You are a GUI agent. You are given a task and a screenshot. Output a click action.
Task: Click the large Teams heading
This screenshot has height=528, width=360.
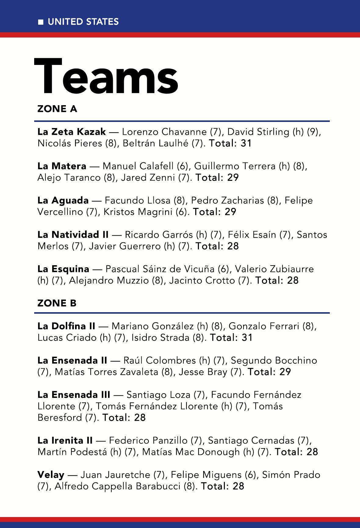point(106,76)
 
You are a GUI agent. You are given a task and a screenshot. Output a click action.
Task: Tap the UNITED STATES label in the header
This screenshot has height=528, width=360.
point(83,22)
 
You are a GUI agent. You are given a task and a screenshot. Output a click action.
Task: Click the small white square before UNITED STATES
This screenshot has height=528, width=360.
point(41,22)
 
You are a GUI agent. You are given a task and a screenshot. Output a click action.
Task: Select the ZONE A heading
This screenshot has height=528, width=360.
point(57,109)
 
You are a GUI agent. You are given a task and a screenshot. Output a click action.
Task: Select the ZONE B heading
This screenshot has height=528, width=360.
point(57,303)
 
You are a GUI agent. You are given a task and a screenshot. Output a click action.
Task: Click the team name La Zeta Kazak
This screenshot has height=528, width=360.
point(72,132)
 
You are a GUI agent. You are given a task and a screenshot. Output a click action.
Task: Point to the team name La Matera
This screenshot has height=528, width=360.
point(62,166)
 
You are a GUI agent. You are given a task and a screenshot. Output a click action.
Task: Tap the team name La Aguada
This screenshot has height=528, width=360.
point(63,200)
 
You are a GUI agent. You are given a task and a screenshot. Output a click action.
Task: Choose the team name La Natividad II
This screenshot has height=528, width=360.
point(73,235)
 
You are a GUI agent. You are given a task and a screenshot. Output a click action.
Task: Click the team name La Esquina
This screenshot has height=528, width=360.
point(63,269)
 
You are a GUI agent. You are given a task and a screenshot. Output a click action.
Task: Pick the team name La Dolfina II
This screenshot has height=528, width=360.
point(67,326)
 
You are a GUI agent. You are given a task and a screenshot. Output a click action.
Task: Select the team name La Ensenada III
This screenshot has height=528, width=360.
point(74,395)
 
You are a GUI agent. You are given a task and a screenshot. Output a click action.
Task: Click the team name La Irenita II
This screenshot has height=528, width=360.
point(65,441)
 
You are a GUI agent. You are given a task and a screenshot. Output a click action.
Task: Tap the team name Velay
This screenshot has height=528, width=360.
point(51,475)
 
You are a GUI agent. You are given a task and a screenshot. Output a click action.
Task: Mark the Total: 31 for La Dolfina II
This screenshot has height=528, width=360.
point(231,338)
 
